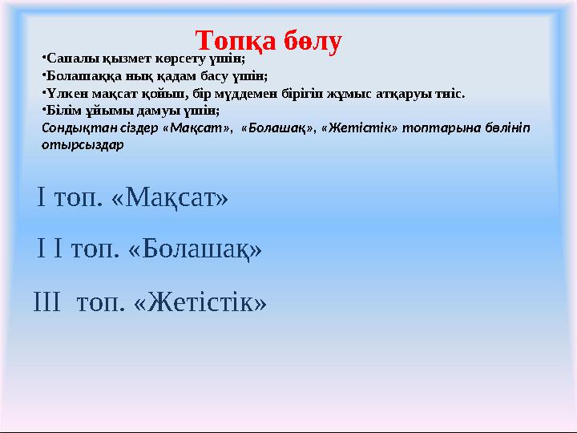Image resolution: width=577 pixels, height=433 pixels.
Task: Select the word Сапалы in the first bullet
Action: pos(67,59)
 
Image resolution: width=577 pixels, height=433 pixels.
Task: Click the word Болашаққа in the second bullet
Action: pos(78,76)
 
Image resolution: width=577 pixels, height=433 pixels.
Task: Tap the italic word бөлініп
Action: pos(505,127)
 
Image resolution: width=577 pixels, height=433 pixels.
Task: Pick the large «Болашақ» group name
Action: pos(196,250)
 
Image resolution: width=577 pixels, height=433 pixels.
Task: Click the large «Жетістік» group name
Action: pos(200,302)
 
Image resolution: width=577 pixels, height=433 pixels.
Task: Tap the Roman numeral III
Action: pos(47,302)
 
